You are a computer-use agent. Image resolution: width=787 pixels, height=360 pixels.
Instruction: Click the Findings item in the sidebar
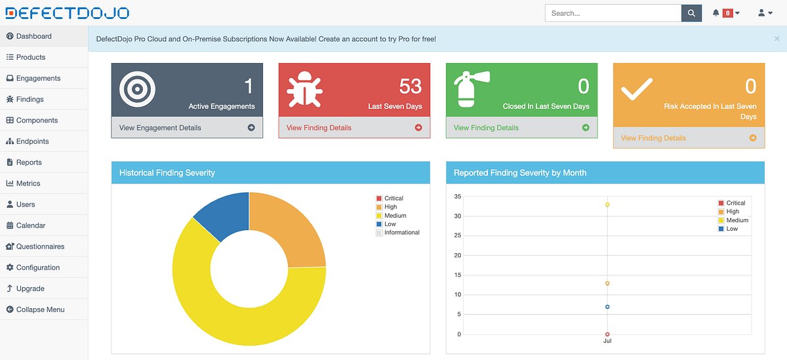(30, 99)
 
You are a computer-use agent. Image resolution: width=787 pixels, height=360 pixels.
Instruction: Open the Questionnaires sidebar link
(40, 247)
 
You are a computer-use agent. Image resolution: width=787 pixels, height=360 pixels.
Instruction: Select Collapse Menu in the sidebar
(40, 310)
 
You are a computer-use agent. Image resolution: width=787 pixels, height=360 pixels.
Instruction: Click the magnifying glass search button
(691, 13)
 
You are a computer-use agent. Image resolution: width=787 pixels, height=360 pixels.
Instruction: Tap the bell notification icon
(716, 13)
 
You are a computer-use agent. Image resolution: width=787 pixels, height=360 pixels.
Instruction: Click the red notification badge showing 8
(727, 13)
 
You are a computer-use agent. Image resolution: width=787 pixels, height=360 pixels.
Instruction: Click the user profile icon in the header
(761, 13)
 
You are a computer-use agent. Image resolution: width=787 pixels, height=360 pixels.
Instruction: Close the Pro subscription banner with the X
(777, 39)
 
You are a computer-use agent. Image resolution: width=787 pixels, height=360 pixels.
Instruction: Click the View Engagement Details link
(160, 128)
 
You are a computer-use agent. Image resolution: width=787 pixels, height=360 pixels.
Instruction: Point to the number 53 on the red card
(410, 86)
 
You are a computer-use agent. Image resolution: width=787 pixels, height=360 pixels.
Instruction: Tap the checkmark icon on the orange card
(636, 89)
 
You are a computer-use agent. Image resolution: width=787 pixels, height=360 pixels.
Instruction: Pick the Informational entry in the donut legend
(401, 233)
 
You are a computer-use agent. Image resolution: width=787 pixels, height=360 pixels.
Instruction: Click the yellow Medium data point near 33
(607, 205)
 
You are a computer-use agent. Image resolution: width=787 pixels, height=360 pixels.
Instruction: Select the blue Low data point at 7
(607, 307)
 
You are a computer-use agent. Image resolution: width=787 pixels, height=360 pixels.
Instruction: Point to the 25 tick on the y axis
(457, 235)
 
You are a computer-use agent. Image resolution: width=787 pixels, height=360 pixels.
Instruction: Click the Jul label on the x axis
(607, 341)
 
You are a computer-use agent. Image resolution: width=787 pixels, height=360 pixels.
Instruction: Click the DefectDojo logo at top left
(67, 13)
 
